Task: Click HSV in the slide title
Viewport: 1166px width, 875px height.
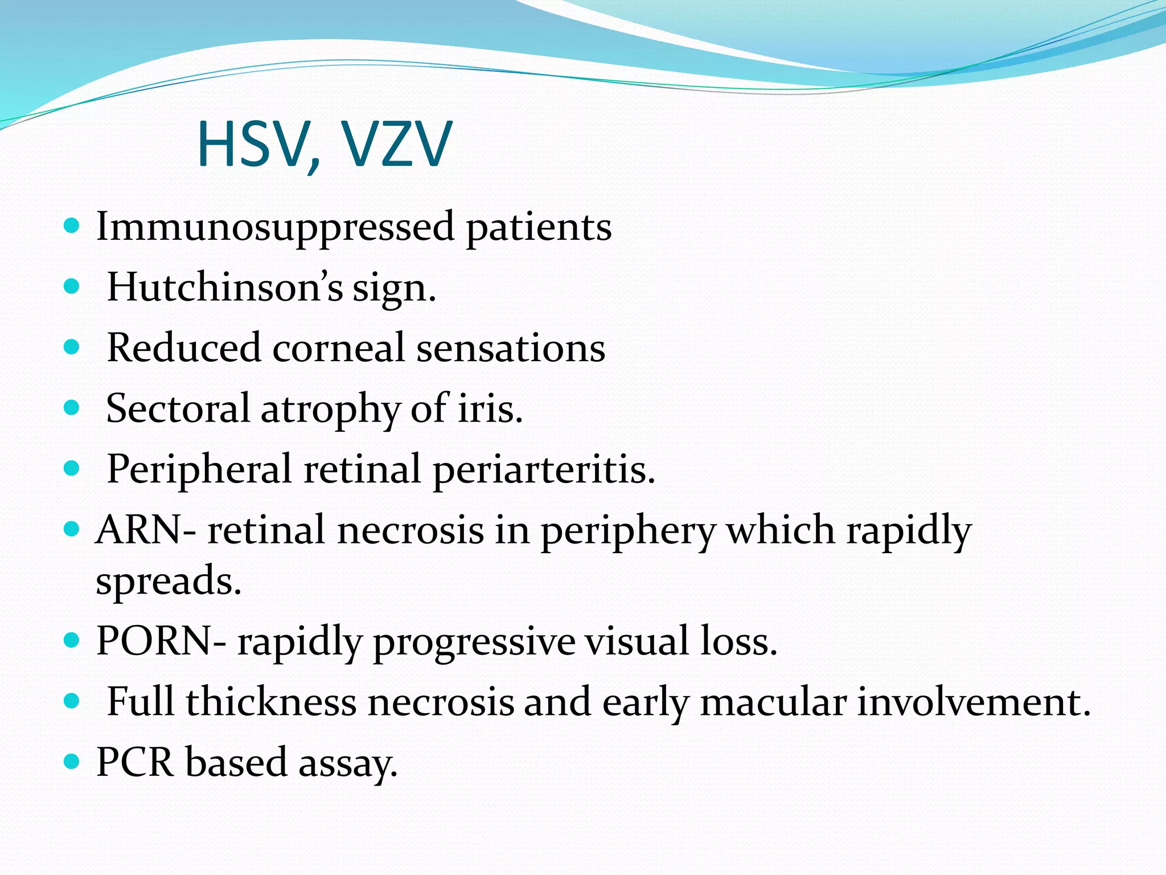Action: pos(253,145)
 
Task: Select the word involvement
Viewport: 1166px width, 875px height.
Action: pos(974,702)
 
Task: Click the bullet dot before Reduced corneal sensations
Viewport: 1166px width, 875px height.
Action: pos(71,347)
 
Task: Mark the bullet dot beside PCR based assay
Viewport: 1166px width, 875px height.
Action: pos(71,762)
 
